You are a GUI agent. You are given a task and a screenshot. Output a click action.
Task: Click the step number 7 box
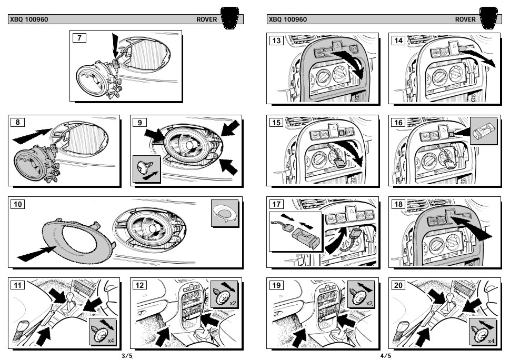pos(79,38)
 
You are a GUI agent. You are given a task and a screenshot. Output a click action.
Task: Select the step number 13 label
pos(276,41)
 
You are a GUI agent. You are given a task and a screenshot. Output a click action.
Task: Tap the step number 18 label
pos(398,204)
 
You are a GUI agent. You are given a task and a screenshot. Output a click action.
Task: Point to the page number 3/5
pos(127,355)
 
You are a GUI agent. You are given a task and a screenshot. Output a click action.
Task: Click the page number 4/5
pos(386,355)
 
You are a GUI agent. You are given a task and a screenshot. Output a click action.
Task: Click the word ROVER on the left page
pos(206,19)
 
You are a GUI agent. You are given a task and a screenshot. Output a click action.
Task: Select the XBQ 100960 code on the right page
pos(287,19)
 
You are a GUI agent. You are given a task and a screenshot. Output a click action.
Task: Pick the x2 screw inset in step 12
pos(224,294)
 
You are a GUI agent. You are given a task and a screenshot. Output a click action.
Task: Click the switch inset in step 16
pos(484,131)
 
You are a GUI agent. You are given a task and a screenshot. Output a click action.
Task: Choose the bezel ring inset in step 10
pos(225,213)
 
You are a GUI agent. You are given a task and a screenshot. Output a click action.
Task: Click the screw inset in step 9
pos(146,169)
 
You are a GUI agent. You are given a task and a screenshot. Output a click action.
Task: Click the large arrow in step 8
pos(32,136)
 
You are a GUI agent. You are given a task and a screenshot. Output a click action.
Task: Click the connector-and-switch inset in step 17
pos(296,232)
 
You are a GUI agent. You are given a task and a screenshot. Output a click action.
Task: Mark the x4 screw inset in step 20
pos(482,332)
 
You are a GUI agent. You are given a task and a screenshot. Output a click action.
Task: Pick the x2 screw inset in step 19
pos(361,294)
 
